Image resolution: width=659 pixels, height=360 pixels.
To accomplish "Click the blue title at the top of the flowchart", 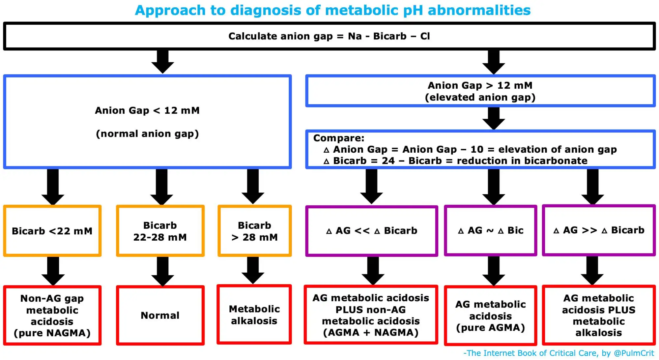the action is (333, 10).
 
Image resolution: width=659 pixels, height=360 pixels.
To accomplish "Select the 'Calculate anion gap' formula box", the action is (329, 36).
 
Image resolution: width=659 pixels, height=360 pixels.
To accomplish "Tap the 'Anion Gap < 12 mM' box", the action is (147, 122).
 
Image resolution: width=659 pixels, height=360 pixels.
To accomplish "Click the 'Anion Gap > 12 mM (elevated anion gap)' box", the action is (480, 91).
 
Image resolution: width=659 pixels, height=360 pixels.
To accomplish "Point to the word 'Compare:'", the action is (339, 138).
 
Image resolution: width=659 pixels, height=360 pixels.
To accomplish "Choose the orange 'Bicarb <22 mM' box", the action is (52, 231).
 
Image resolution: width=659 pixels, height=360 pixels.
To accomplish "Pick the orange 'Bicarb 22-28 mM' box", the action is (160, 231).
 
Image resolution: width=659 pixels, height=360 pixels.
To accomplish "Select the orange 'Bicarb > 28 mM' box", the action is (254, 231).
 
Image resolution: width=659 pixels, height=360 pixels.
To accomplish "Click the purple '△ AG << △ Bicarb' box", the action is (372, 231).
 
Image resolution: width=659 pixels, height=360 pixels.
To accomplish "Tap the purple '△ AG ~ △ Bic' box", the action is (491, 230).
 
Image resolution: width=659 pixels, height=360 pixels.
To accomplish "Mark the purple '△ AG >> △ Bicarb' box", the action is (599, 230).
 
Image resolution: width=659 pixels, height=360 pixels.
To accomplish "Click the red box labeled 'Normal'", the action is (160, 315).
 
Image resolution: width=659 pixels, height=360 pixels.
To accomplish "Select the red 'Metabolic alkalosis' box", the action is (254, 315).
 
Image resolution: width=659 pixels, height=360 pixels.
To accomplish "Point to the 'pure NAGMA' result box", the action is (52, 315).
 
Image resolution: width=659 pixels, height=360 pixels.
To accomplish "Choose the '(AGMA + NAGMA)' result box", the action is (371, 315).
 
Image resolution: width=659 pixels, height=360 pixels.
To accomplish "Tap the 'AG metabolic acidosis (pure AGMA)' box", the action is (491, 315).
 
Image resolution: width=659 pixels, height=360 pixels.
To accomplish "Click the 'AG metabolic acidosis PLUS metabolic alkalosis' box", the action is (599, 315).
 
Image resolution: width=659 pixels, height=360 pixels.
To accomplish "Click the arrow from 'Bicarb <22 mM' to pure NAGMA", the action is (53, 271).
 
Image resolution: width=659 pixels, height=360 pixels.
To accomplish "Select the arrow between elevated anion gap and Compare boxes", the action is (494, 118).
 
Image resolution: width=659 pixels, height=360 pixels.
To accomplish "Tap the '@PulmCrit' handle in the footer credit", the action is (634, 353).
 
